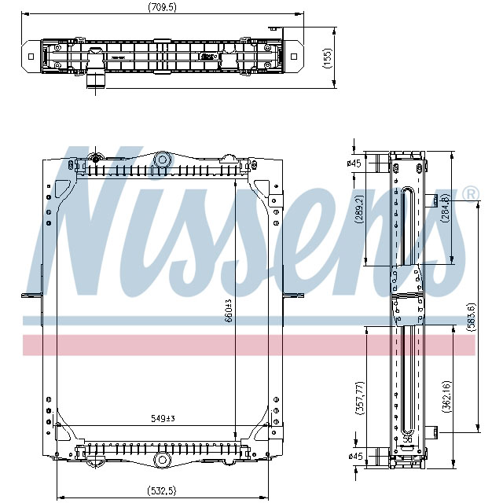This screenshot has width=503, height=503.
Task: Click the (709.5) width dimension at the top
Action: (161, 8)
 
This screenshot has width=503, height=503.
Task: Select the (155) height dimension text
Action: (328, 59)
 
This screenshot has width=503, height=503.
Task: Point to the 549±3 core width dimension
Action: (163, 418)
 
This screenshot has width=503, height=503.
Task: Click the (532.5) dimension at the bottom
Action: (163, 492)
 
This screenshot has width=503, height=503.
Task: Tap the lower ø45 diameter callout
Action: (354, 456)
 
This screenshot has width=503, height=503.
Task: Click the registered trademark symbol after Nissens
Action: (470, 193)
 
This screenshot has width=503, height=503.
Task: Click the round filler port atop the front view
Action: (163, 160)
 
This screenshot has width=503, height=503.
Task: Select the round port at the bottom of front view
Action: (163, 459)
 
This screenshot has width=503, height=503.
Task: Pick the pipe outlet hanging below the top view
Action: (94, 78)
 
